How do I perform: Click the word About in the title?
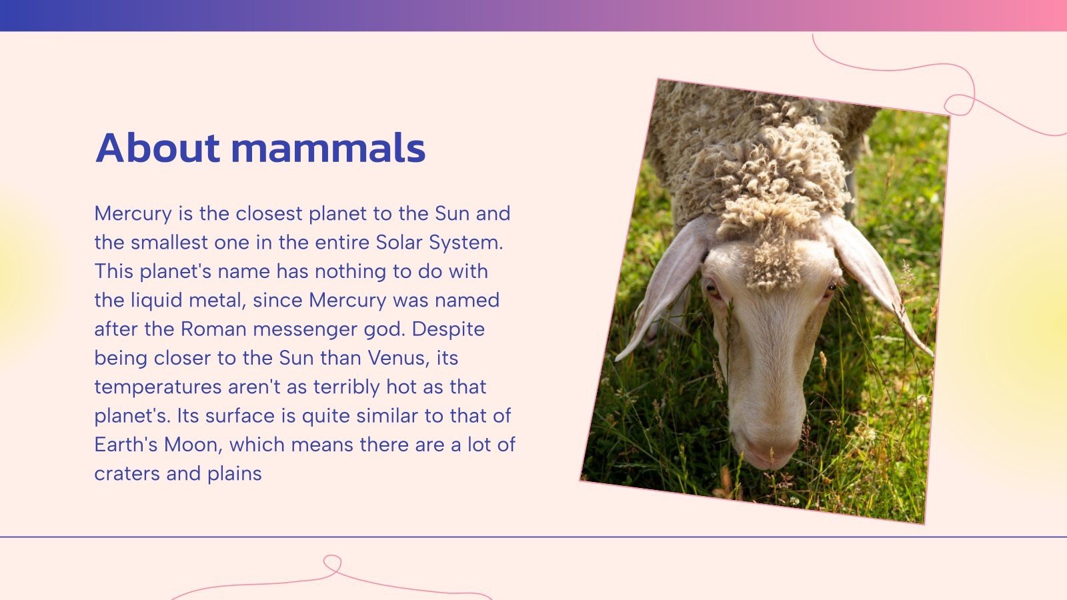tap(157, 147)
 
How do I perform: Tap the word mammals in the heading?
tap(328, 147)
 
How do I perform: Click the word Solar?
tap(399, 242)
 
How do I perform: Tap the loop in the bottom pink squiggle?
tap(332, 563)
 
